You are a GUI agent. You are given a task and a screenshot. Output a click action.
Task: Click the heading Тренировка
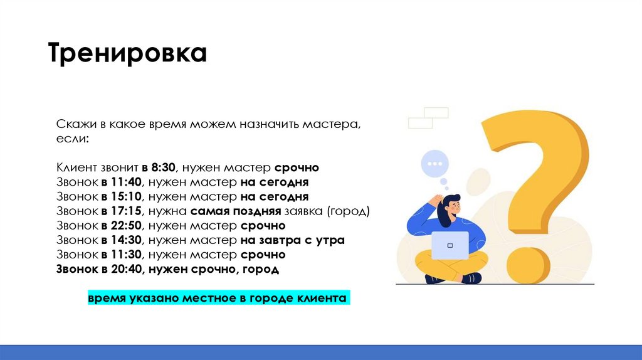[x=128, y=54]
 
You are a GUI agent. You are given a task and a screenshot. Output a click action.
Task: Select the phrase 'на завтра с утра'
[x=292, y=240]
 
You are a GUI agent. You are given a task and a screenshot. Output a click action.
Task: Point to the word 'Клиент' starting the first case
[x=75, y=167]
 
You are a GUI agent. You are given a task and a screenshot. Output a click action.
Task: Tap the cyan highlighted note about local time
[x=217, y=297]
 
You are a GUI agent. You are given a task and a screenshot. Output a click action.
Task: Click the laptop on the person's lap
[x=450, y=245]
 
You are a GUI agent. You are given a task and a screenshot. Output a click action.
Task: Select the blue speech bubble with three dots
[x=434, y=164]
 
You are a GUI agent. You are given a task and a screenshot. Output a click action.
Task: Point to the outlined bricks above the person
[x=428, y=117]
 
